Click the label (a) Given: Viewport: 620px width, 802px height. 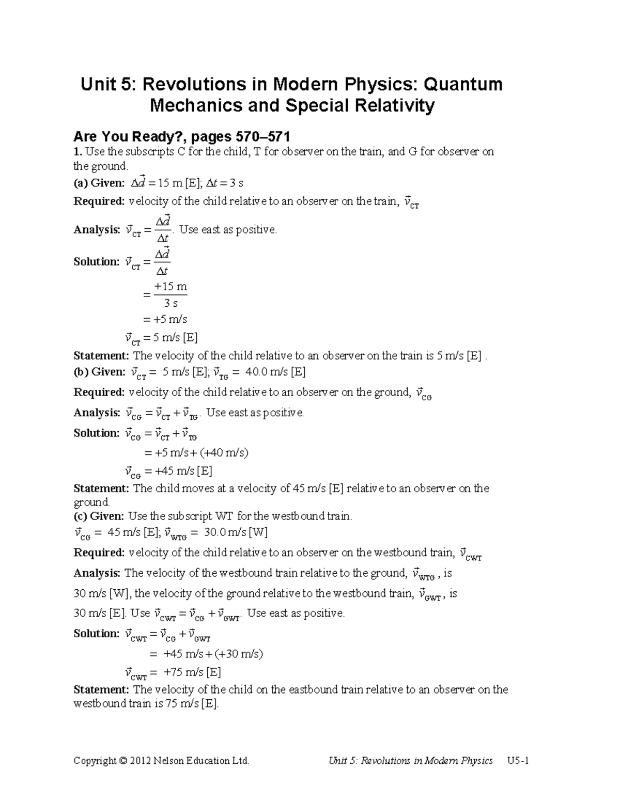pyautogui.click(x=99, y=183)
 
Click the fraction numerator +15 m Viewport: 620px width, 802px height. pyautogui.click(x=171, y=287)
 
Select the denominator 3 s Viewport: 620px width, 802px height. pyautogui.click(x=171, y=304)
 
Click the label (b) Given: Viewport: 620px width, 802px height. pyautogui.click(x=99, y=372)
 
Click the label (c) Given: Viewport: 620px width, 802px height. pyautogui.click(x=99, y=516)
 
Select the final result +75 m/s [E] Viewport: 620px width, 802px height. pyautogui.click(x=192, y=672)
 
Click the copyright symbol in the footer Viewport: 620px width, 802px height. pyautogui.click(x=122, y=761)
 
